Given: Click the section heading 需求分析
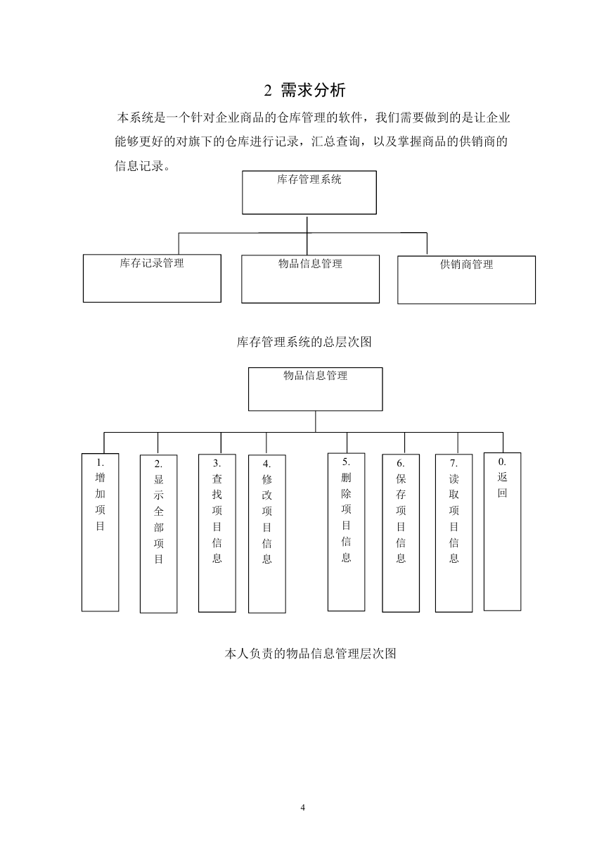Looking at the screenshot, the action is (313, 90).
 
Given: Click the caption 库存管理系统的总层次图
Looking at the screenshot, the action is (304, 342).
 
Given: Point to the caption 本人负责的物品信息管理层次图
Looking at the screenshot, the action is (310, 654).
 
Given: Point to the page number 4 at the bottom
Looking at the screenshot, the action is (302, 807).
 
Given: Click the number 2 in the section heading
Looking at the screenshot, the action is (268, 91).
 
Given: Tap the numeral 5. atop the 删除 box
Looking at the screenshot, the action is (346, 462).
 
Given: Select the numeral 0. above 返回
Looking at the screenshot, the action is (502, 462).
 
